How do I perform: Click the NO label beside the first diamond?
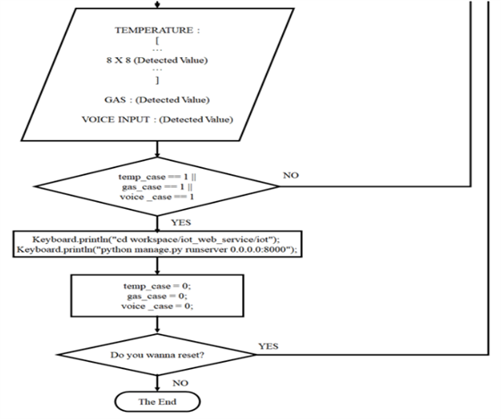click(290, 175)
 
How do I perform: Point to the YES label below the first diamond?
click(171, 222)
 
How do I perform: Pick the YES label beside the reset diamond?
click(269, 345)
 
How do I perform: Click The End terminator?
click(156, 402)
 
